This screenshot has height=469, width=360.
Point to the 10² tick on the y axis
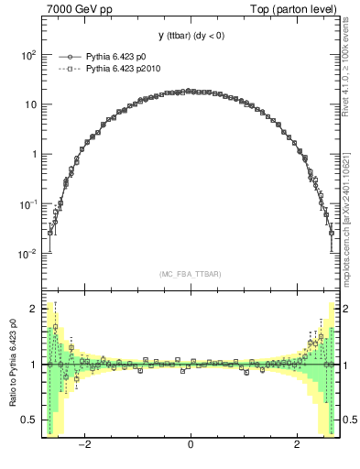(27, 55)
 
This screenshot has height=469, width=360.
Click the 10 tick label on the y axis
(29, 104)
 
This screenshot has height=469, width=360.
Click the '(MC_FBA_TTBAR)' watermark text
(190, 274)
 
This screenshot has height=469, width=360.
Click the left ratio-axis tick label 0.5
(29, 420)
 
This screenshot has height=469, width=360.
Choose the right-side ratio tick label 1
(345, 365)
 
